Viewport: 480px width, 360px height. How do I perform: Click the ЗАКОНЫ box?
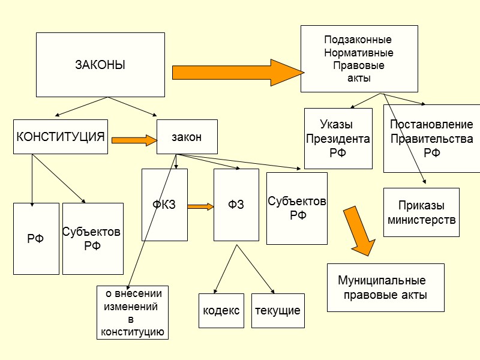click(x=100, y=65)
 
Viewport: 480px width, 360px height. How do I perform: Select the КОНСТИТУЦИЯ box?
click(x=61, y=137)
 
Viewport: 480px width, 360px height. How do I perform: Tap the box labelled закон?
click(x=187, y=137)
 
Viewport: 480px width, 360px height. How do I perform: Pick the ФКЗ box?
click(x=164, y=205)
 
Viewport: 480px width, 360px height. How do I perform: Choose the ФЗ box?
click(x=236, y=205)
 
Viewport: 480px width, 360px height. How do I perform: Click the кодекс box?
click(x=221, y=311)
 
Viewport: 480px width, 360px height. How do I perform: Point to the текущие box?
click(x=278, y=311)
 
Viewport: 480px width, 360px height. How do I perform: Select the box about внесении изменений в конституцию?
click(x=133, y=313)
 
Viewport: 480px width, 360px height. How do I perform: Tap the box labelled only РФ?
click(x=36, y=239)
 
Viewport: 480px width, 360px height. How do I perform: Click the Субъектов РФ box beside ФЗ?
click(x=297, y=208)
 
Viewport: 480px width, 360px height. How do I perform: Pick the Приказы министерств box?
click(x=421, y=212)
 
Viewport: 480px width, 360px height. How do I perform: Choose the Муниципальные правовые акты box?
click(x=385, y=288)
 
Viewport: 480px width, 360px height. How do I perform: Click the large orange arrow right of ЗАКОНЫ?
click(x=237, y=73)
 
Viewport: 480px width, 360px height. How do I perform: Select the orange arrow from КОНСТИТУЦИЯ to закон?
click(x=133, y=140)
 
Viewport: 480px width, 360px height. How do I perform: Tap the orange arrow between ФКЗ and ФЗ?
click(x=200, y=206)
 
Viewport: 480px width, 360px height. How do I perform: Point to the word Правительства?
click(x=431, y=139)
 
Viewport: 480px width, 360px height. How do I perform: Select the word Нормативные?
click(x=359, y=53)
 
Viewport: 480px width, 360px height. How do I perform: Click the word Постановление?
click(x=431, y=125)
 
